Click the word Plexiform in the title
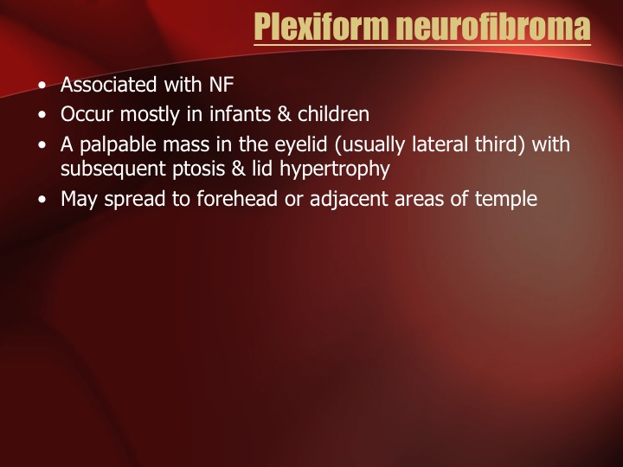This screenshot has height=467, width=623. tap(321, 27)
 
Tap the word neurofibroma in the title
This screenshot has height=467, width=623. tap(493, 27)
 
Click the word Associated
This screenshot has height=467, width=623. tap(108, 85)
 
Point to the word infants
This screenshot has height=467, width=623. tap(240, 114)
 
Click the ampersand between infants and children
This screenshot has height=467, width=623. tap(284, 114)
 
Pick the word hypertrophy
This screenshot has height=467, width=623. tap(335, 170)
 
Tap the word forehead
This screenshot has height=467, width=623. tap(237, 199)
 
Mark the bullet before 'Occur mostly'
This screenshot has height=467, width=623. tap(42, 115)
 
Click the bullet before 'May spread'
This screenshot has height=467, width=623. tap(42, 200)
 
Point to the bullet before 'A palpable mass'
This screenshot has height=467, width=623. tap(42, 145)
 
